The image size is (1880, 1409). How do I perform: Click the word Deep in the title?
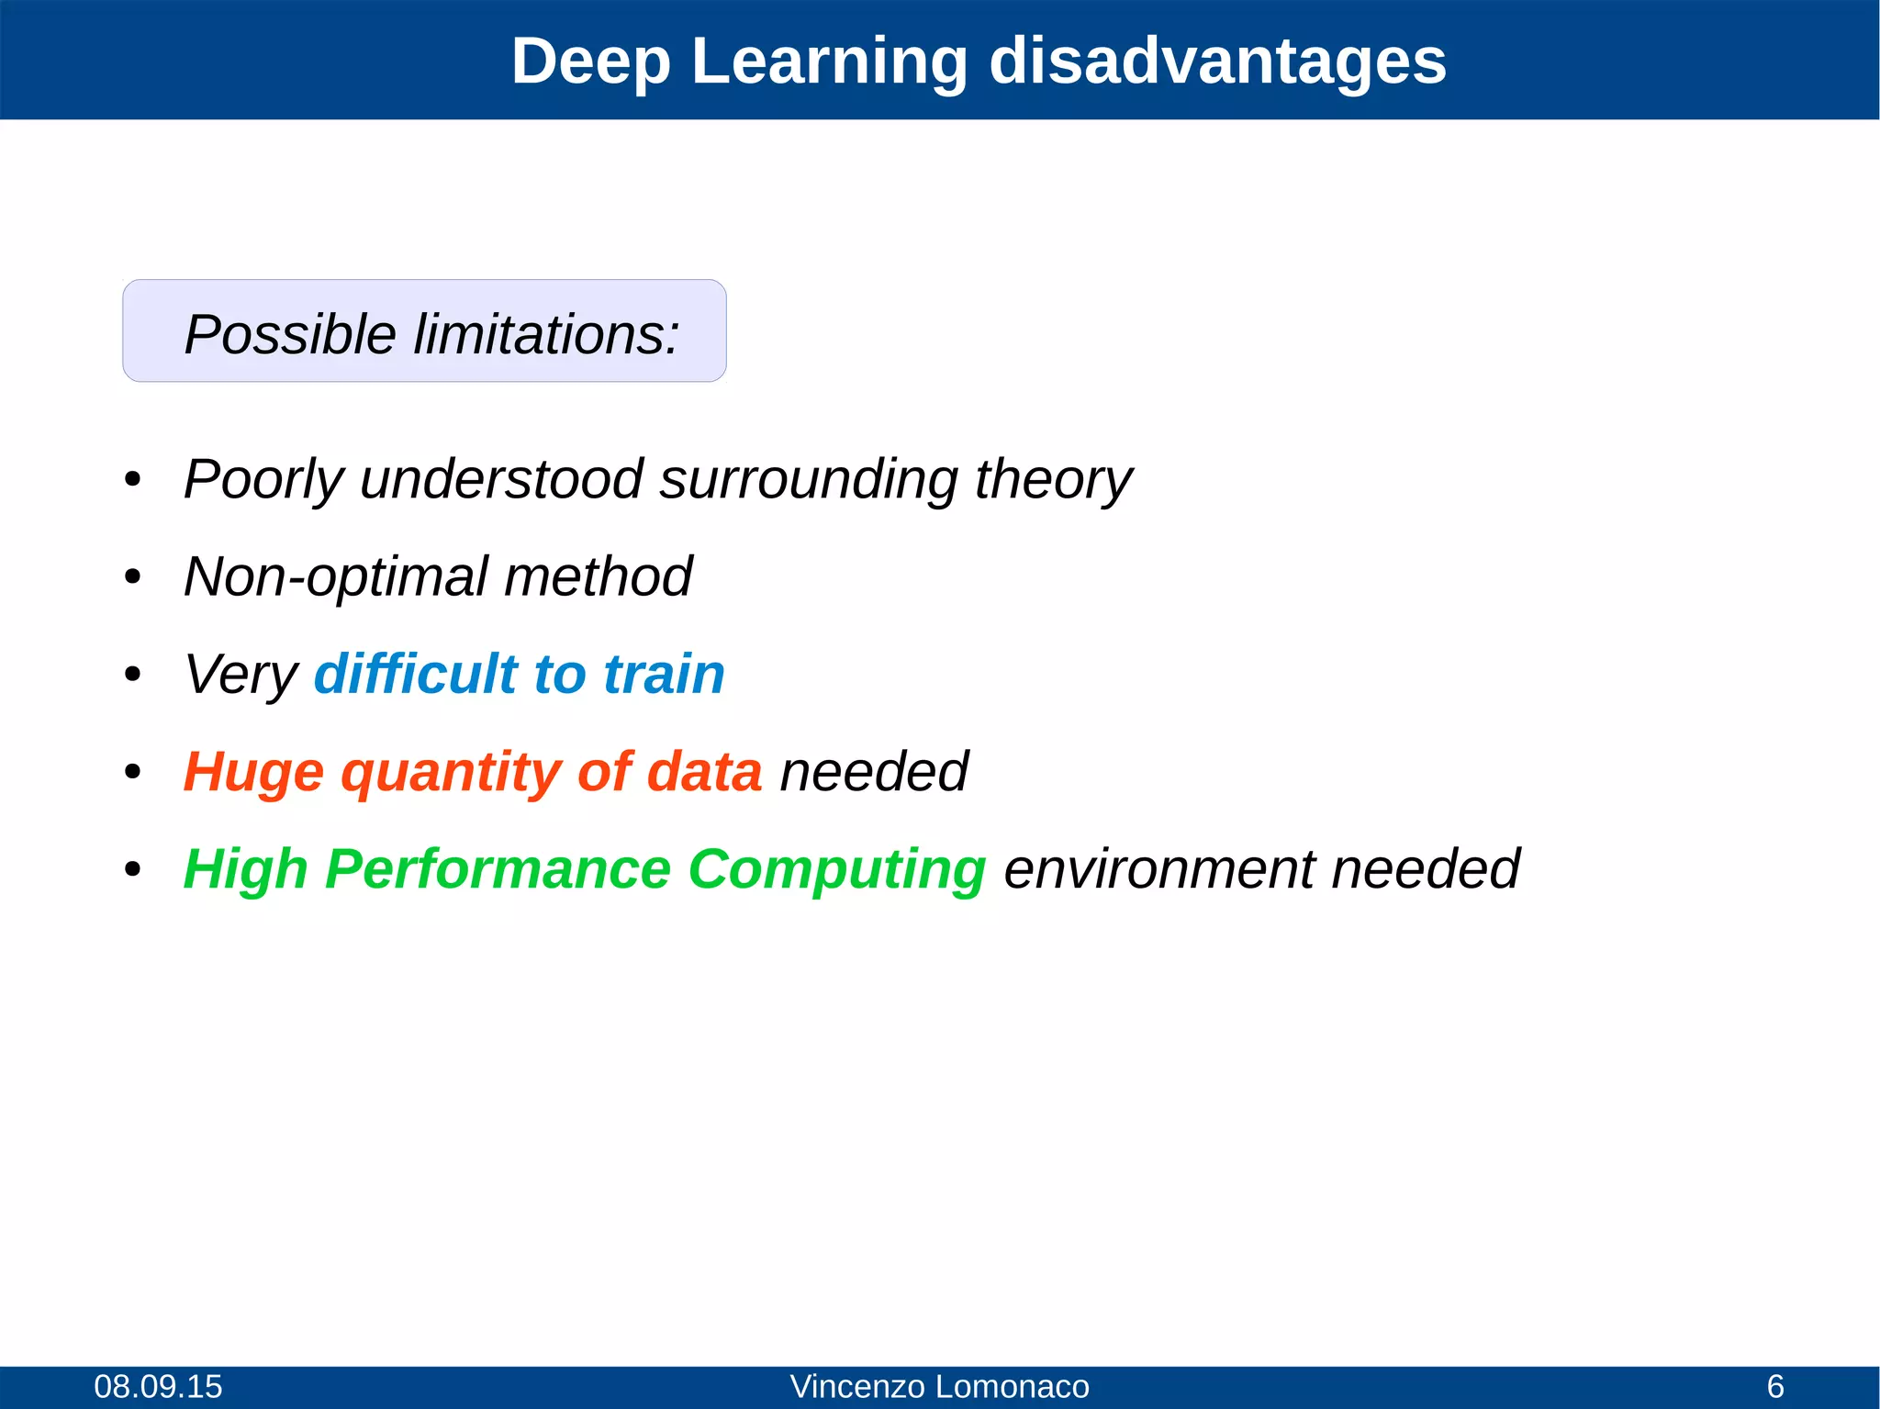[x=590, y=62]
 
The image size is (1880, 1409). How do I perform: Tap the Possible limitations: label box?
[x=424, y=331]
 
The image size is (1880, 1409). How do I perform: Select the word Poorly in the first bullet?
[x=263, y=480]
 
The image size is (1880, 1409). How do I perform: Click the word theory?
[x=1053, y=480]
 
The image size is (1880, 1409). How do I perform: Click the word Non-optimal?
[x=335, y=577]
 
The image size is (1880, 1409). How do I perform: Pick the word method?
[x=598, y=577]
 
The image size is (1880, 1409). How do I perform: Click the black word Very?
[x=241, y=675]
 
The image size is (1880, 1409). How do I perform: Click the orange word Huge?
[x=253, y=772]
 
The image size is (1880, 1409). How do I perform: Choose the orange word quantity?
[x=450, y=772]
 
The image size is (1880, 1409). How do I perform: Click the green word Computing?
[x=836, y=869]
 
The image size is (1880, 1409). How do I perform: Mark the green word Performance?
[x=498, y=869]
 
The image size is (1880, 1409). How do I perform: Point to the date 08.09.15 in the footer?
[x=158, y=1386]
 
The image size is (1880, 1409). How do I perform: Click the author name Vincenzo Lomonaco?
[x=939, y=1386]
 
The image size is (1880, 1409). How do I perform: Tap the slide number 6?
[x=1775, y=1386]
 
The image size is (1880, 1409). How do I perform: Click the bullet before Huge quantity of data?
[x=133, y=772]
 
